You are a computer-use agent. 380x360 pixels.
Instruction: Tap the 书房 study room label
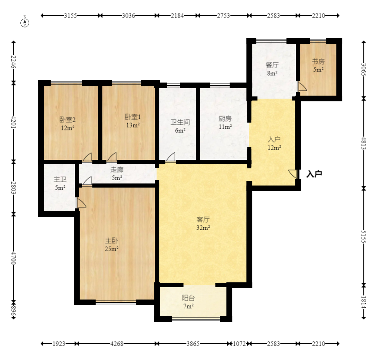click(318, 62)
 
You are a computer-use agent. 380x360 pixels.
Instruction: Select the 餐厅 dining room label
click(272, 65)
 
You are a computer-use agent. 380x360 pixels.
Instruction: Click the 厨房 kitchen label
click(225, 119)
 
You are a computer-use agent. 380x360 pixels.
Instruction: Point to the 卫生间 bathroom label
click(180, 122)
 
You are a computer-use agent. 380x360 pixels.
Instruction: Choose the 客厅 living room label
click(203, 219)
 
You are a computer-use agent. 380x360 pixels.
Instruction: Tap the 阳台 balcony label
click(188, 298)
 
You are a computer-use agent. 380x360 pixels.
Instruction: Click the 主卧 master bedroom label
click(112, 241)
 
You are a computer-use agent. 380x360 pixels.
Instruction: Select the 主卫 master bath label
click(60, 180)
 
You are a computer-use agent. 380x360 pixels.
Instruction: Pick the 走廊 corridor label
click(117, 170)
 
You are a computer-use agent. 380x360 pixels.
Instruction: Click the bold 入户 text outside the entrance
click(314, 174)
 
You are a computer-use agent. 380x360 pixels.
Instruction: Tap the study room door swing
click(302, 87)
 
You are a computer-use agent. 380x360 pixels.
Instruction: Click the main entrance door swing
click(293, 174)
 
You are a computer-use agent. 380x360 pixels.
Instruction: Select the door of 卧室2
click(87, 157)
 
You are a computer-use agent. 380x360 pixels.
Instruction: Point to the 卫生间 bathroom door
click(171, 157)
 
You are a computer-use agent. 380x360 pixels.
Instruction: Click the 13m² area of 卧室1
click(133, 125)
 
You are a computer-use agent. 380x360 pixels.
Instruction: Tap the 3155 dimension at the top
click(70, 16)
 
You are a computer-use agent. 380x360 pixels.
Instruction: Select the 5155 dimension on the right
click(364, 237)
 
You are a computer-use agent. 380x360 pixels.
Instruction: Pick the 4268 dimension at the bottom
click(117, 344)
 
